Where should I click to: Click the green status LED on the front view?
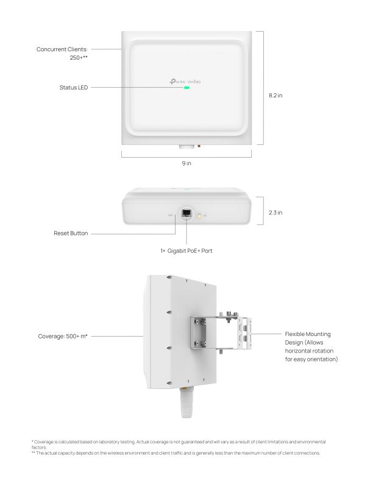point(187,87)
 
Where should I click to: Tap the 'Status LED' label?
point(74,88)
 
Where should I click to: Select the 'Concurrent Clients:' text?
point(63,49)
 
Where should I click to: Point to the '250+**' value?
point(79,58)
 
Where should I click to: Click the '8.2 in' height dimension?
point(275,95)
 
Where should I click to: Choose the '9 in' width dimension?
point(187,163)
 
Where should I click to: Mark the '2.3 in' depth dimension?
point(275,212)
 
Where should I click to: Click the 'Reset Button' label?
point(71,233)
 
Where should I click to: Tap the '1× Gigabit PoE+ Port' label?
point(187,251)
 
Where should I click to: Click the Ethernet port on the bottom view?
point(187,215)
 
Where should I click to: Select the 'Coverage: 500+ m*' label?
point(63,335)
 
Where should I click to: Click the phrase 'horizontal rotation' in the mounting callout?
point(309,351)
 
